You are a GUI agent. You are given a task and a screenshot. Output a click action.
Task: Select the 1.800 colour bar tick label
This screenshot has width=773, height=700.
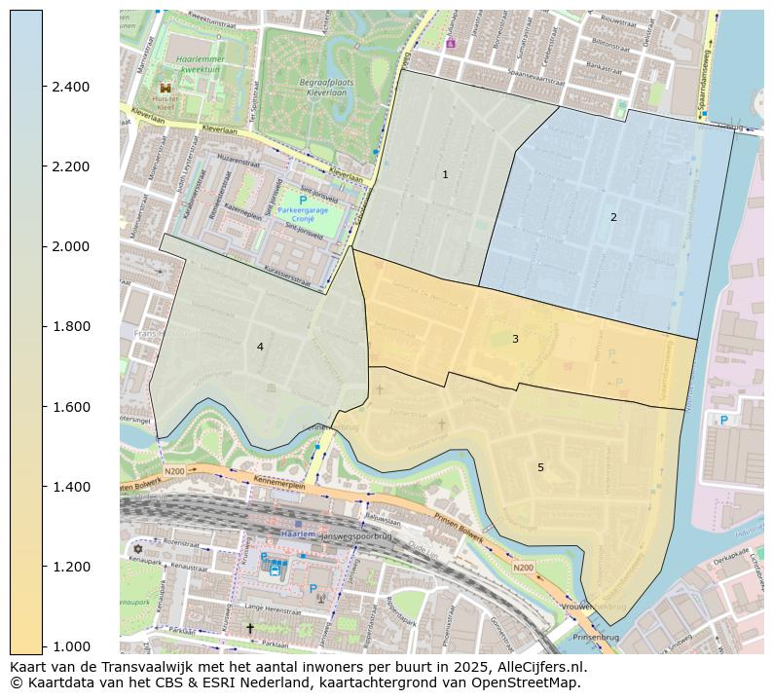pyautogui.click(x=70, y=326)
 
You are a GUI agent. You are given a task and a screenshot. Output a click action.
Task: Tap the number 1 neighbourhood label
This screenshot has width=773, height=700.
pyautogui.click(x=445, y=175)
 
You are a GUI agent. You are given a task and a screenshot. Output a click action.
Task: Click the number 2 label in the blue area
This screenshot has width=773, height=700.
pyautogui.click(x=613, y=217)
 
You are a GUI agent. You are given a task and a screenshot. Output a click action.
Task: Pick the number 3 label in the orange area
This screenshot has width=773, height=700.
pyautogui.click(x=515, y=339)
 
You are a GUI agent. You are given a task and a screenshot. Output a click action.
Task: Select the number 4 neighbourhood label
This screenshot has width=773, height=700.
pyautogui.click(x=260, y=347)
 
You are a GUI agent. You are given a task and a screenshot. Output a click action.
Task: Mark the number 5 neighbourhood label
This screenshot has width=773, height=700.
pyautogui.click(x=540, y=467)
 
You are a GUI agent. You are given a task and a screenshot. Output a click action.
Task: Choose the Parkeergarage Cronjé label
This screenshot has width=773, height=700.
pyautogui.click(x=304, y=214)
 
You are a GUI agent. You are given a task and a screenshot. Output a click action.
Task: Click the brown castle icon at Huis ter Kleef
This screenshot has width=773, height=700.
pyautogui.click(x=165, y=88)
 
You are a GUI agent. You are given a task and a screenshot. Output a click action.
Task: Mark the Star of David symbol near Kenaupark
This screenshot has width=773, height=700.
pyautogui.click(x=137, y=548)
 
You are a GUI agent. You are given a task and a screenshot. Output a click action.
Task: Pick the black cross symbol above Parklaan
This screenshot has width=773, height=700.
pyautogui.click(x=249, y=628)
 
